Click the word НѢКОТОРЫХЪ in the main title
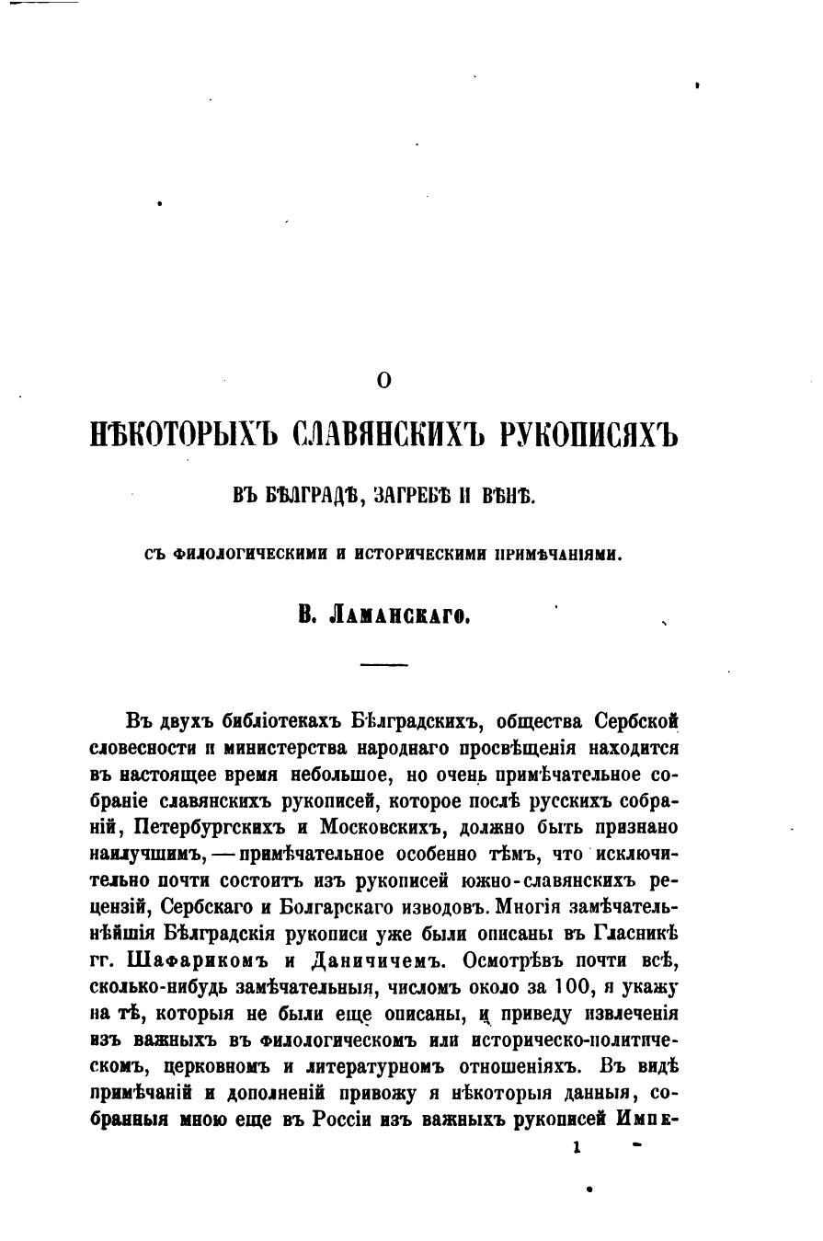click(177, 433)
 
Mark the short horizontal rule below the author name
click(383, 664)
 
